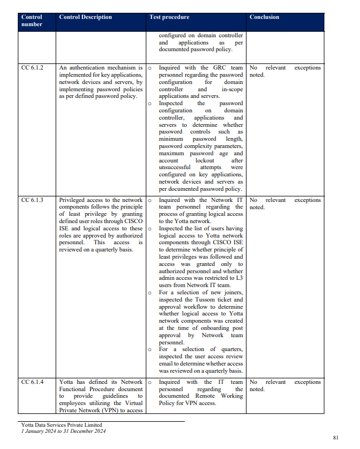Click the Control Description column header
tap(85, 17)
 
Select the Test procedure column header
tap(169, 17)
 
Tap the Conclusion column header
tap(264, 17)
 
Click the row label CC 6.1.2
tap(32, 68)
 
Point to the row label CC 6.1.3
tap(32, 200)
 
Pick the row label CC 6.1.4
tap(32, 382)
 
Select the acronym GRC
tap(219, 68)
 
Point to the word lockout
tap(205, 160)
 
